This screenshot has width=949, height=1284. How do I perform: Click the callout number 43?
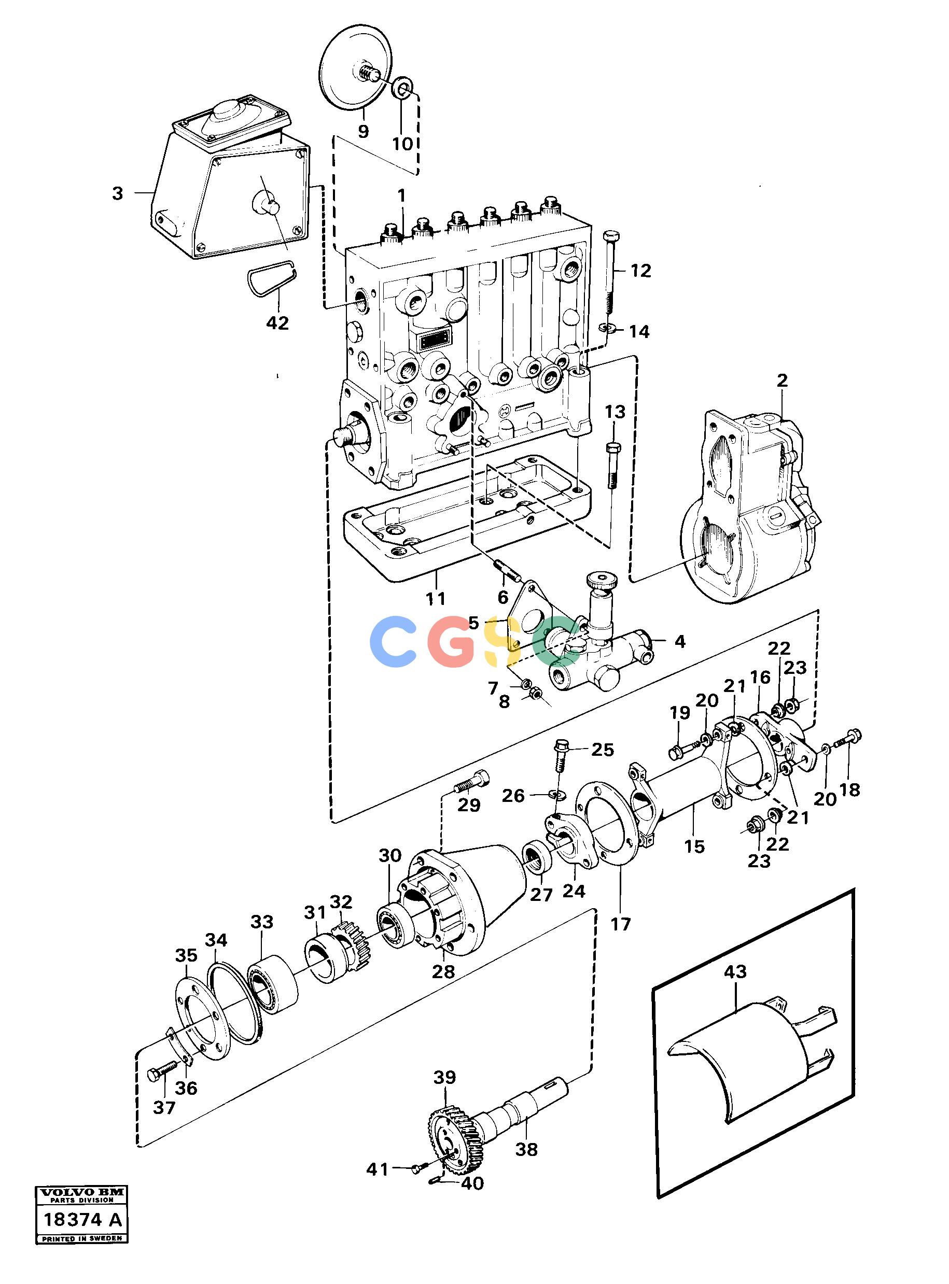tap(735, 971)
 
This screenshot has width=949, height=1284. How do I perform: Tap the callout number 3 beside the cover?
tap(118, 193)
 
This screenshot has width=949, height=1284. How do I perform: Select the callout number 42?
tap(277, 323)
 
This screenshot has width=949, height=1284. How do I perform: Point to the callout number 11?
tap(436, 598)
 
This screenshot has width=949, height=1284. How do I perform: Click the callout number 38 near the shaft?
tap(527, 1149)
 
